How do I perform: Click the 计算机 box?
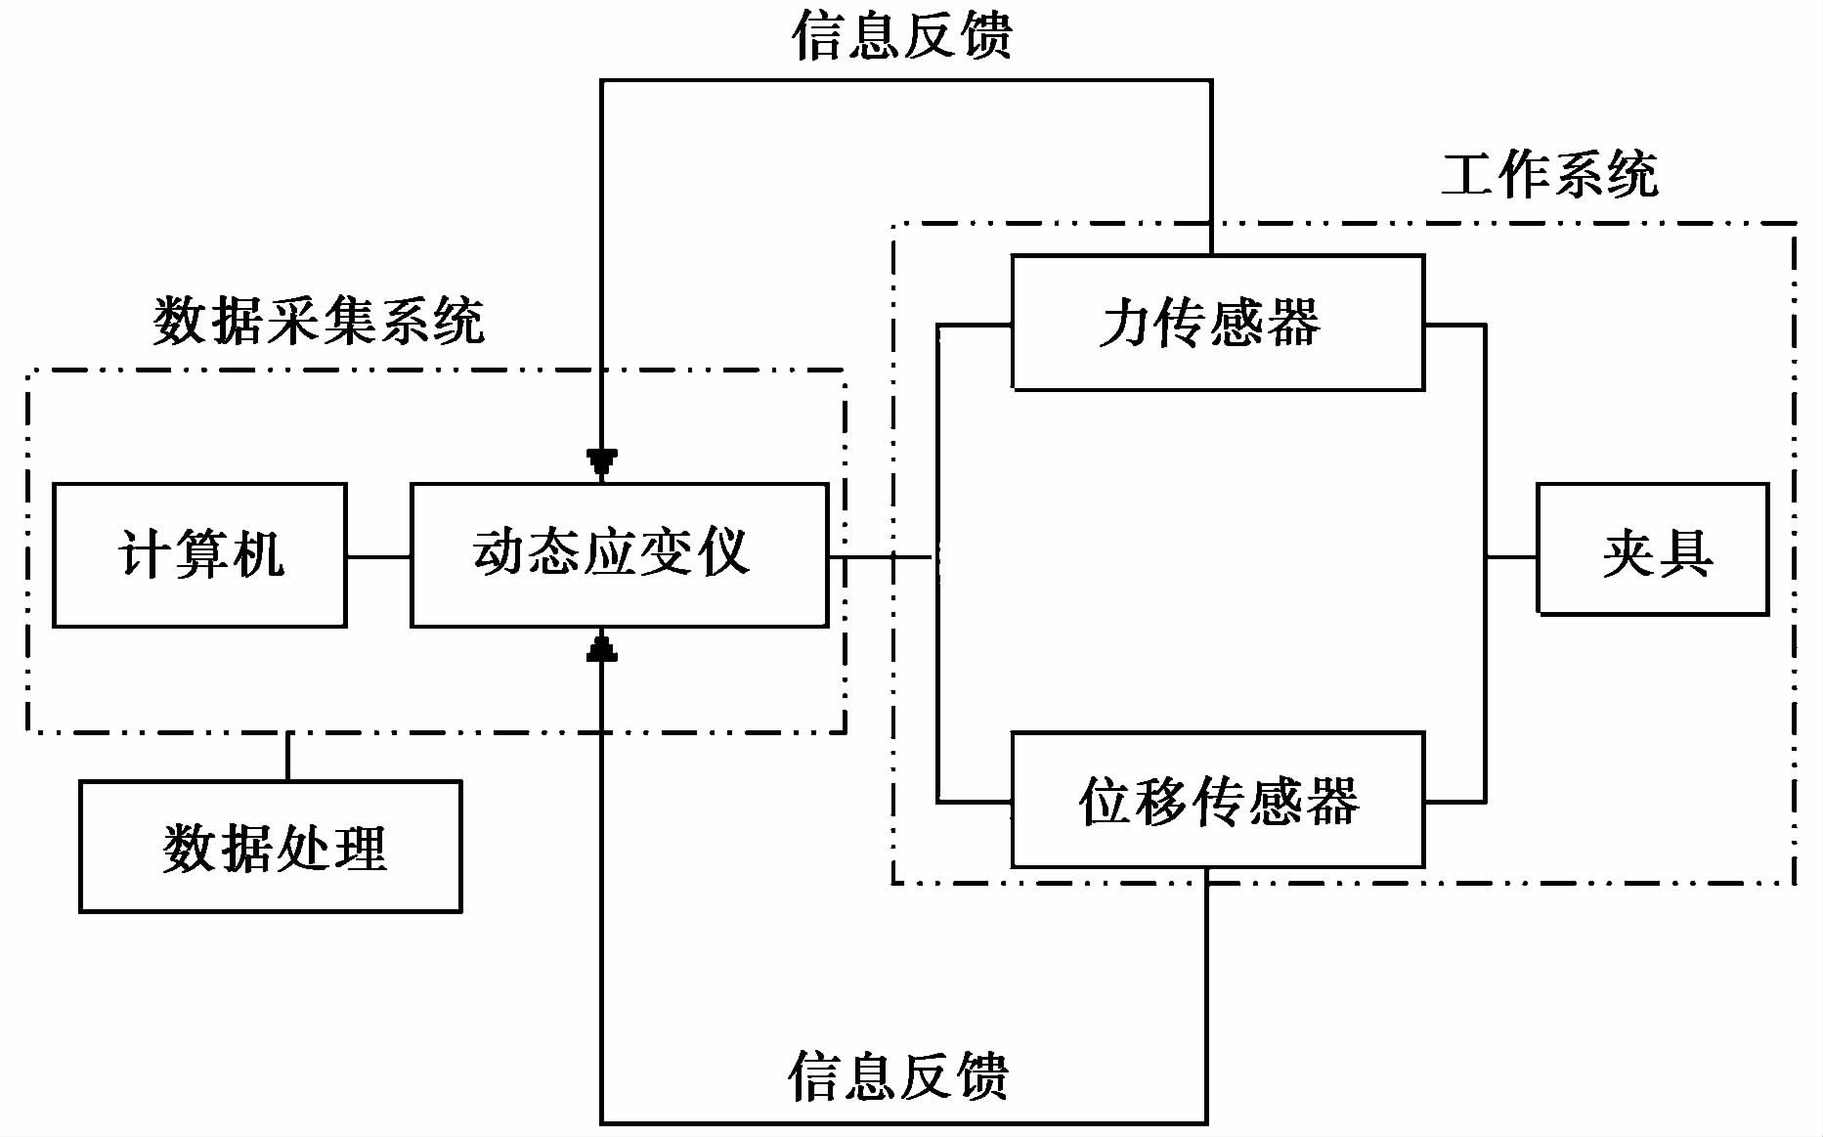tap(199, 554)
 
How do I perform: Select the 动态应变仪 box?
tap(619, 554)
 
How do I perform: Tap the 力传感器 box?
tap(1217, 323)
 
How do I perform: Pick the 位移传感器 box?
tap(1217, 800)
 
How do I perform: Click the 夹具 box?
tap(1653, 549)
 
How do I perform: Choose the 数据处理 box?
tap(271, 847)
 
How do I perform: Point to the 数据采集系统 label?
tap(319, 321)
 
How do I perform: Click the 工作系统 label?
tap(1550, 175)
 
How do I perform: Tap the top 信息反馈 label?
tap(901, 35)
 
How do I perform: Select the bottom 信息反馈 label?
tap(897, 1076)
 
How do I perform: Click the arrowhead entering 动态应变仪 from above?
tap(602, 462)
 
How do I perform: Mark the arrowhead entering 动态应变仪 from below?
tap(602, 648)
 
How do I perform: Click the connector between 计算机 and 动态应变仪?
tap(378, 557)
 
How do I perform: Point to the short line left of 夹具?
tap(1511, 557)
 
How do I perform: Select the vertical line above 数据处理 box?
tap(287, 757)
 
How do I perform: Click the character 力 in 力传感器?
tap(1126, 323)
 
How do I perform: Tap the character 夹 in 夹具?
tap(1629, 553)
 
